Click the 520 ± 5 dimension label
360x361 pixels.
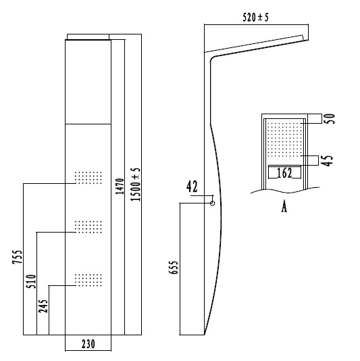pyautogui.click(x=255, y=18)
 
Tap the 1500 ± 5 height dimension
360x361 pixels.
pyautogui.click(x=135, y=185)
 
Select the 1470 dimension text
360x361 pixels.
pyautogui.click(x=120, y=187)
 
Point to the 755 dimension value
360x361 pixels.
pyautogui.click(x=18, y=257)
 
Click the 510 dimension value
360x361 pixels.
pyautogui.click(x=31, y=281)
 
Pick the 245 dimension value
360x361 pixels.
pyautogui.click(x=43, y=306)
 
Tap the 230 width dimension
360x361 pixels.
pyautogui.click(x=88, y=344)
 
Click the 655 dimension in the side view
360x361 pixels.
pyautogui.click(x=174, y=268)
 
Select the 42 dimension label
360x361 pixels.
pyautogui.click(x=192, y=187)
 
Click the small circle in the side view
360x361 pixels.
pyautogui.click(x=213, y=203)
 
